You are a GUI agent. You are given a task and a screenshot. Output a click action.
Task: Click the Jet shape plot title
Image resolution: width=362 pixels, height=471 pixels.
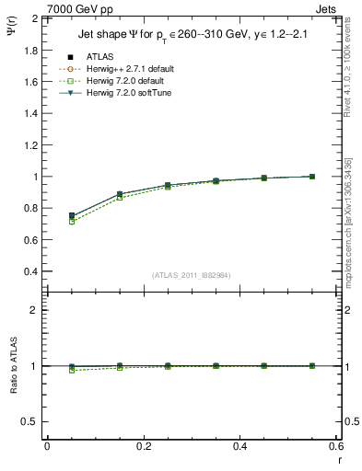click(191, 36)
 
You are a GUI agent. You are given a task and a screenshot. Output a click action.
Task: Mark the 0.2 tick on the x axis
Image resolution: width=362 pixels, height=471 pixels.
click(143, 446)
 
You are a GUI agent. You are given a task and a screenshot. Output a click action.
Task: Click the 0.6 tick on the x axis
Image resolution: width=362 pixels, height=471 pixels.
click(336, 446)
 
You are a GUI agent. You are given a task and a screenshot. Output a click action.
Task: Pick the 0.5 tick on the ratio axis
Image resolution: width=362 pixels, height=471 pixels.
click(33, 421)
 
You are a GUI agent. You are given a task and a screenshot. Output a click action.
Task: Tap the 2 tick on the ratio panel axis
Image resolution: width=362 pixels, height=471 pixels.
click(37, 310)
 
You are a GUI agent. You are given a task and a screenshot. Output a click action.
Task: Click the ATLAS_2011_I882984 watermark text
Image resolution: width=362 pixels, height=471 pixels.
click(191, 275)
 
